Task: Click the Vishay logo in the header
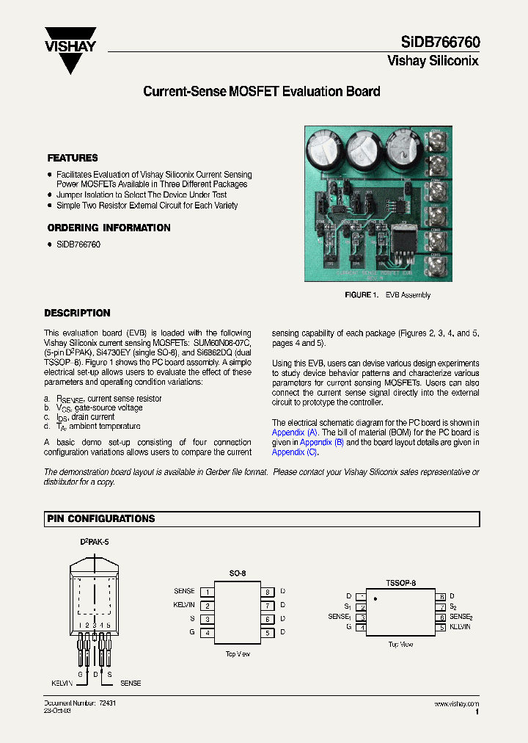coord(70,48)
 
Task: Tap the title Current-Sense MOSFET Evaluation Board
coord(261,92)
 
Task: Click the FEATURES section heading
coord(73,158)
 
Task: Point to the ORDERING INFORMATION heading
coord(109,228)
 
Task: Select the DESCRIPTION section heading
coord(77,313)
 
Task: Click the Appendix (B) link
coord(322,442)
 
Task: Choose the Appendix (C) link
coord(289,452)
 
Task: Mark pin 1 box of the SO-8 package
coord(208,591)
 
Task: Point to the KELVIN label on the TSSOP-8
coord(460,627)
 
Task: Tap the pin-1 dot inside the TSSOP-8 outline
coord(375,599)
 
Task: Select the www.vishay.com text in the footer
coord(456,703)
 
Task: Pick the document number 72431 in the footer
coord(107,703)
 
